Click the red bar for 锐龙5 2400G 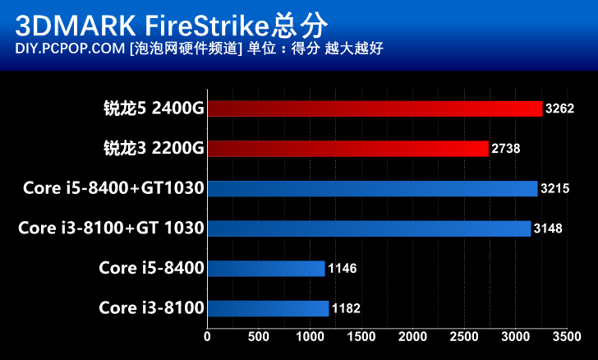pos(375,108)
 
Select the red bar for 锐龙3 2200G pos(347,148)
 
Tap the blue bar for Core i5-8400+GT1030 pos(372,188)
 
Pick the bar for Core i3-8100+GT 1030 pos(369,228)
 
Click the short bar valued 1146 pos(266,268)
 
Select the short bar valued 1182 pos(268,308)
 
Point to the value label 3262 pos(560,108)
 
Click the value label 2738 pos(506,149)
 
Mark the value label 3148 pos(548,228)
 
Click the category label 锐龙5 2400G pos(154,108)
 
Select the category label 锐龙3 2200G pos(154,149)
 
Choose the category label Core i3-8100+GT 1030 pos(111,228)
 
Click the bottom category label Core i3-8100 pos(151,308)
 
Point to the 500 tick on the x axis pos(258,336)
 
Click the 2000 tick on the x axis pos(412,336)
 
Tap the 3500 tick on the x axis pos(566,336)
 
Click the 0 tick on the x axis pos(207,336)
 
